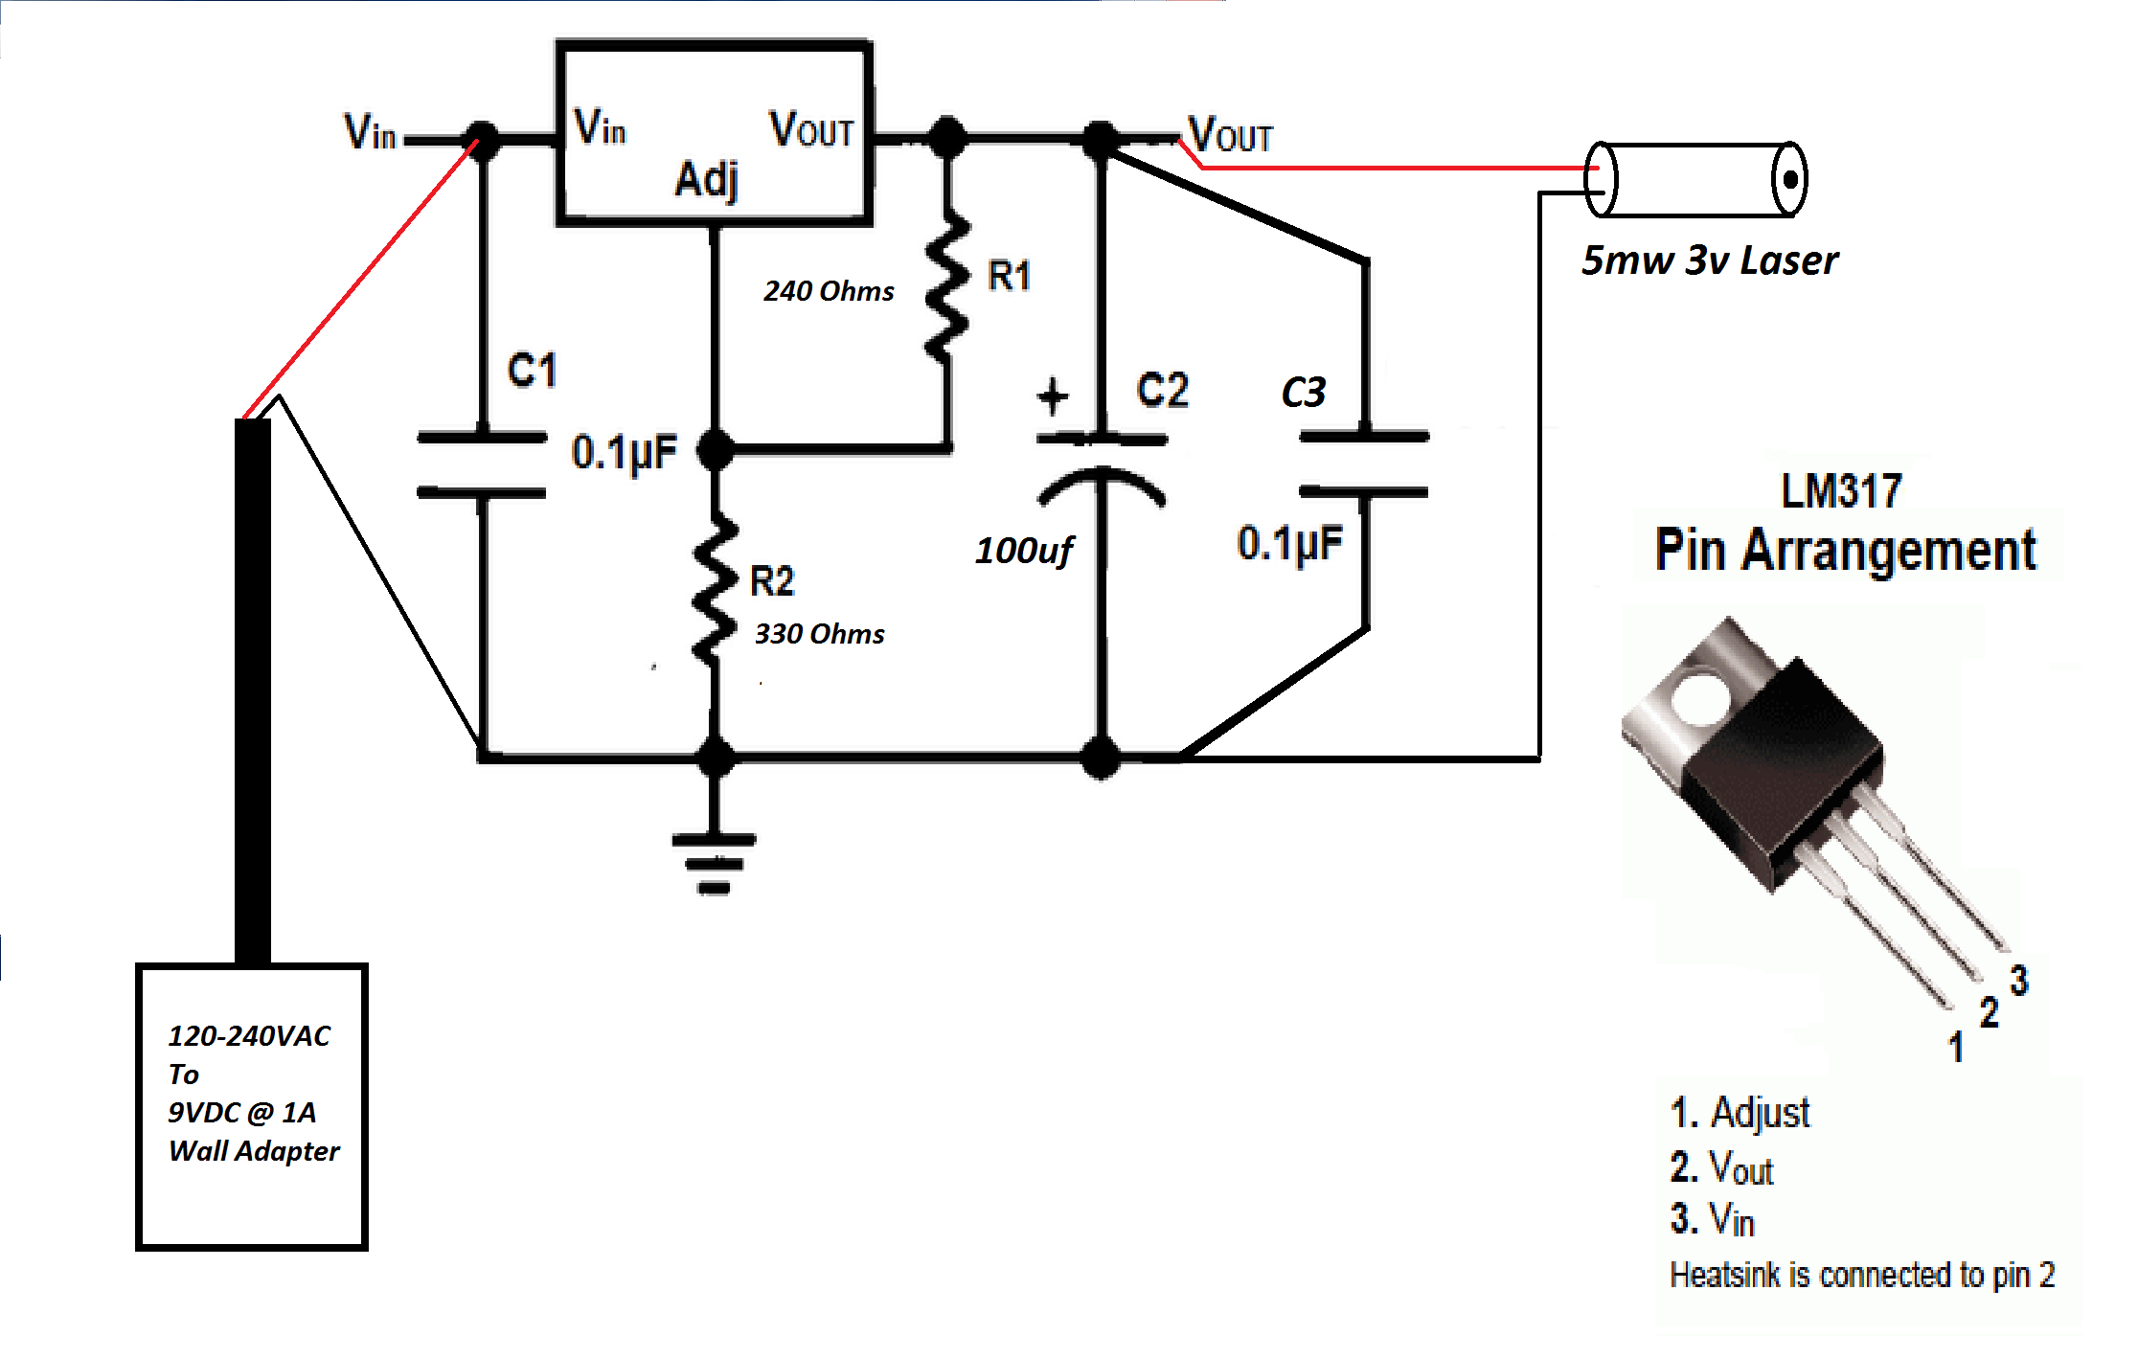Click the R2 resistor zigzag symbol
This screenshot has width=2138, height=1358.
(715, 589)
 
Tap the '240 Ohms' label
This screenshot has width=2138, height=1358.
(829, 291)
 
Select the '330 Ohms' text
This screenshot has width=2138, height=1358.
(819, 634)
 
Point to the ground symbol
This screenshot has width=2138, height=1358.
(715, 862)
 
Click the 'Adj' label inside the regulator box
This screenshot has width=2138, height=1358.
(707, 179)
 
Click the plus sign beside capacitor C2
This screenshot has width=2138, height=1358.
(1052, 396)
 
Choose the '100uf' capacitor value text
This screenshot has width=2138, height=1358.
(1023, 551)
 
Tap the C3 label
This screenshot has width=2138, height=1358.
(1303, 393)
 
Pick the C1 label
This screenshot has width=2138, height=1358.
(532, 371)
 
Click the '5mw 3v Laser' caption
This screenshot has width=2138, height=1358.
(1710, 260)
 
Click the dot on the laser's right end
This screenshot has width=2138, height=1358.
(1788, 179)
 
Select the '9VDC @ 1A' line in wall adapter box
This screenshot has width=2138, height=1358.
(241, 1113)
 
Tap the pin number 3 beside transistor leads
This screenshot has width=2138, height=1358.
(2019, 980)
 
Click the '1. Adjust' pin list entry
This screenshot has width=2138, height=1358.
(1740, 1113)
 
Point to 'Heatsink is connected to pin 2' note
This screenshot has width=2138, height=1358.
(1862, 1275)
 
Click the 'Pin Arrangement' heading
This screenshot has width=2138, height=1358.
(1845, 551)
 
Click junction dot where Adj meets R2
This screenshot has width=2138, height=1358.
(716, 448)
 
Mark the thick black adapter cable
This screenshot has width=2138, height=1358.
(253, 690)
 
